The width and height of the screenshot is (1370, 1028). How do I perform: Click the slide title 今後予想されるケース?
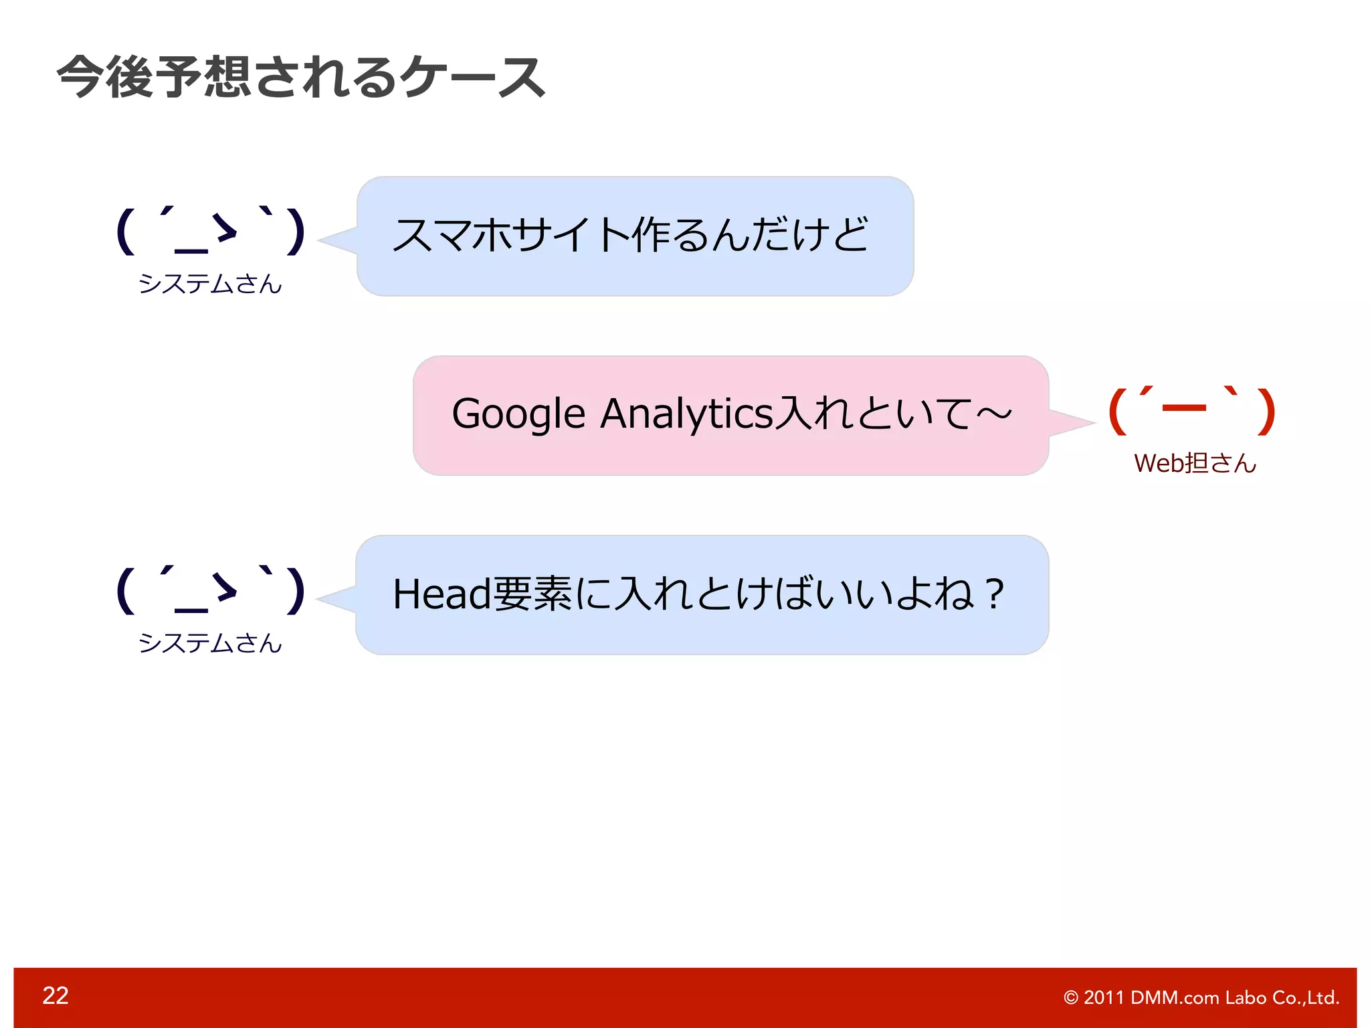click(301, 77)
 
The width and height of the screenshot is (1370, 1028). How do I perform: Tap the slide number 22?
click(56, 995)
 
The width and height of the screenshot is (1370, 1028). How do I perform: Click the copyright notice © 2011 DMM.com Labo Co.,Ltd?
click(1201, 997)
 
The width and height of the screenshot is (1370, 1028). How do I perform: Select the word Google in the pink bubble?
click(518, 414)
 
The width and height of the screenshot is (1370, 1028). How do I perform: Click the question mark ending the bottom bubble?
click(995, 594)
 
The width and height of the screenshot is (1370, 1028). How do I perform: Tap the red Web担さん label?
click(1195, 463)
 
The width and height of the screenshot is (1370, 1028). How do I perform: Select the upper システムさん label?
click(210, 284)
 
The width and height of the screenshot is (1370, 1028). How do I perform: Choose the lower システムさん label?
click(210, 643)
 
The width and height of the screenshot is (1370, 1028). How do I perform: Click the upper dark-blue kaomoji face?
click(210, 231)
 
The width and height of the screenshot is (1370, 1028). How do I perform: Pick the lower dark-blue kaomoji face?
click(210, 590)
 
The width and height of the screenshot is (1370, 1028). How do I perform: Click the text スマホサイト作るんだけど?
click(630, 235)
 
